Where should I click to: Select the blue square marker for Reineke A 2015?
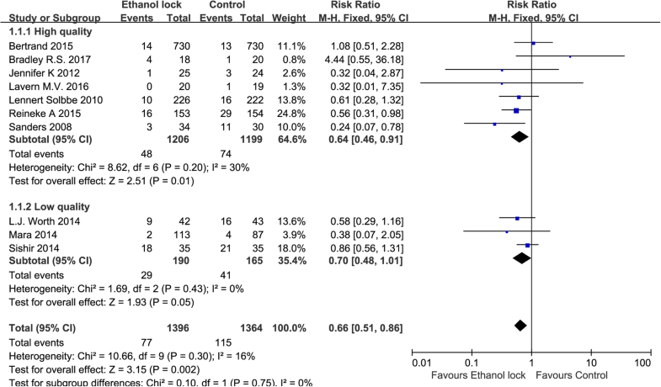tap(516, 109)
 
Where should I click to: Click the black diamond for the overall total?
tap(520, 326)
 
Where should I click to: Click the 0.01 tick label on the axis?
tap(422, 363)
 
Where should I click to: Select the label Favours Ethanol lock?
tap(477, 374)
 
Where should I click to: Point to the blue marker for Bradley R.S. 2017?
tap(570, 56)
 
